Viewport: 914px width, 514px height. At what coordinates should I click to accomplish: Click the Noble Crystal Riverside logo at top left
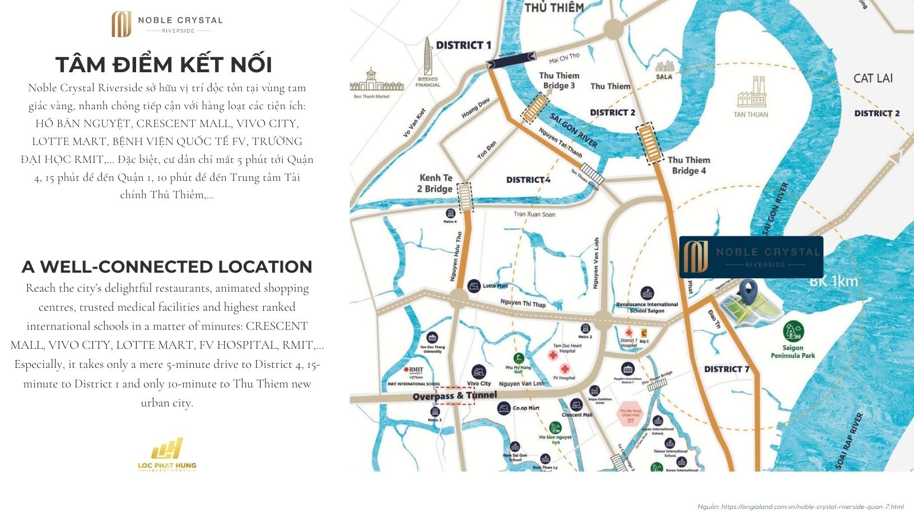point(166,24)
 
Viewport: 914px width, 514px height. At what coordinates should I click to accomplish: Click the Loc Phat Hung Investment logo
point(167,454)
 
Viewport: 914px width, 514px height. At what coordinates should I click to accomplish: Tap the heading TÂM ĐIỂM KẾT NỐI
point(164,65)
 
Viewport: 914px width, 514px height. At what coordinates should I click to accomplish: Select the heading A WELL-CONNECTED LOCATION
point(167,267)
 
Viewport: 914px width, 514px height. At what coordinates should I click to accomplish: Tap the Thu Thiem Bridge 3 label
point(559,80)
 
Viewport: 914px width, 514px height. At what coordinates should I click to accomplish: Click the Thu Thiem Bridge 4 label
point(688,165)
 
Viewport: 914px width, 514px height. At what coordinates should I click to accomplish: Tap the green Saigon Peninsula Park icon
point(793,331)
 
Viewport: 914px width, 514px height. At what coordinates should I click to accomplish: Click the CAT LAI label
point(873,78)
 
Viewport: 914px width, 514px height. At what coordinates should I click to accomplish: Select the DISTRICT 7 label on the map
point(726,369)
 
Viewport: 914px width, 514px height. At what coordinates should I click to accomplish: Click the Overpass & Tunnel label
point(454,396)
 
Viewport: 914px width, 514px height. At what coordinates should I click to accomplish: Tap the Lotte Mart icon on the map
point(474,286)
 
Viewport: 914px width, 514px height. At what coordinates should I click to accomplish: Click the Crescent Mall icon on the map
point(576,404)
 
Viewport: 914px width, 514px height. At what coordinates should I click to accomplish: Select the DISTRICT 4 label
point(528,180)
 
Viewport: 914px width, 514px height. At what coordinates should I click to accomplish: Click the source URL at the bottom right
point(800,507)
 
